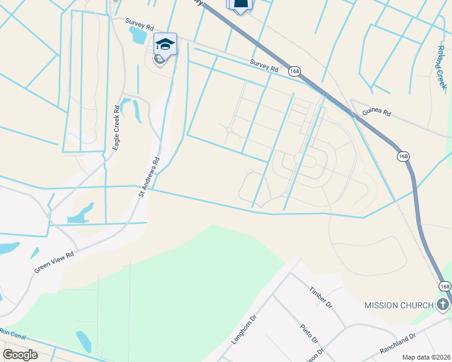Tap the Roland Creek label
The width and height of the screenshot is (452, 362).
point(442,66)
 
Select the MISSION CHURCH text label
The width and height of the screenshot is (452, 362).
point(399,305)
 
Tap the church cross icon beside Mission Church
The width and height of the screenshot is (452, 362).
point(443,305)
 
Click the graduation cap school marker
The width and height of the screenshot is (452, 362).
point(165,43)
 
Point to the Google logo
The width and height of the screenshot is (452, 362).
point(20,355)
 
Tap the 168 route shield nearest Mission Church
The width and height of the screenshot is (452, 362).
point(445,285)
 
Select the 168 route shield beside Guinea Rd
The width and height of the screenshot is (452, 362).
point(403,156)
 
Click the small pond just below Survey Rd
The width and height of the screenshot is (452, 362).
point(138,35)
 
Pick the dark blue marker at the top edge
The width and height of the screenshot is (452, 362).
point(241,5)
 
